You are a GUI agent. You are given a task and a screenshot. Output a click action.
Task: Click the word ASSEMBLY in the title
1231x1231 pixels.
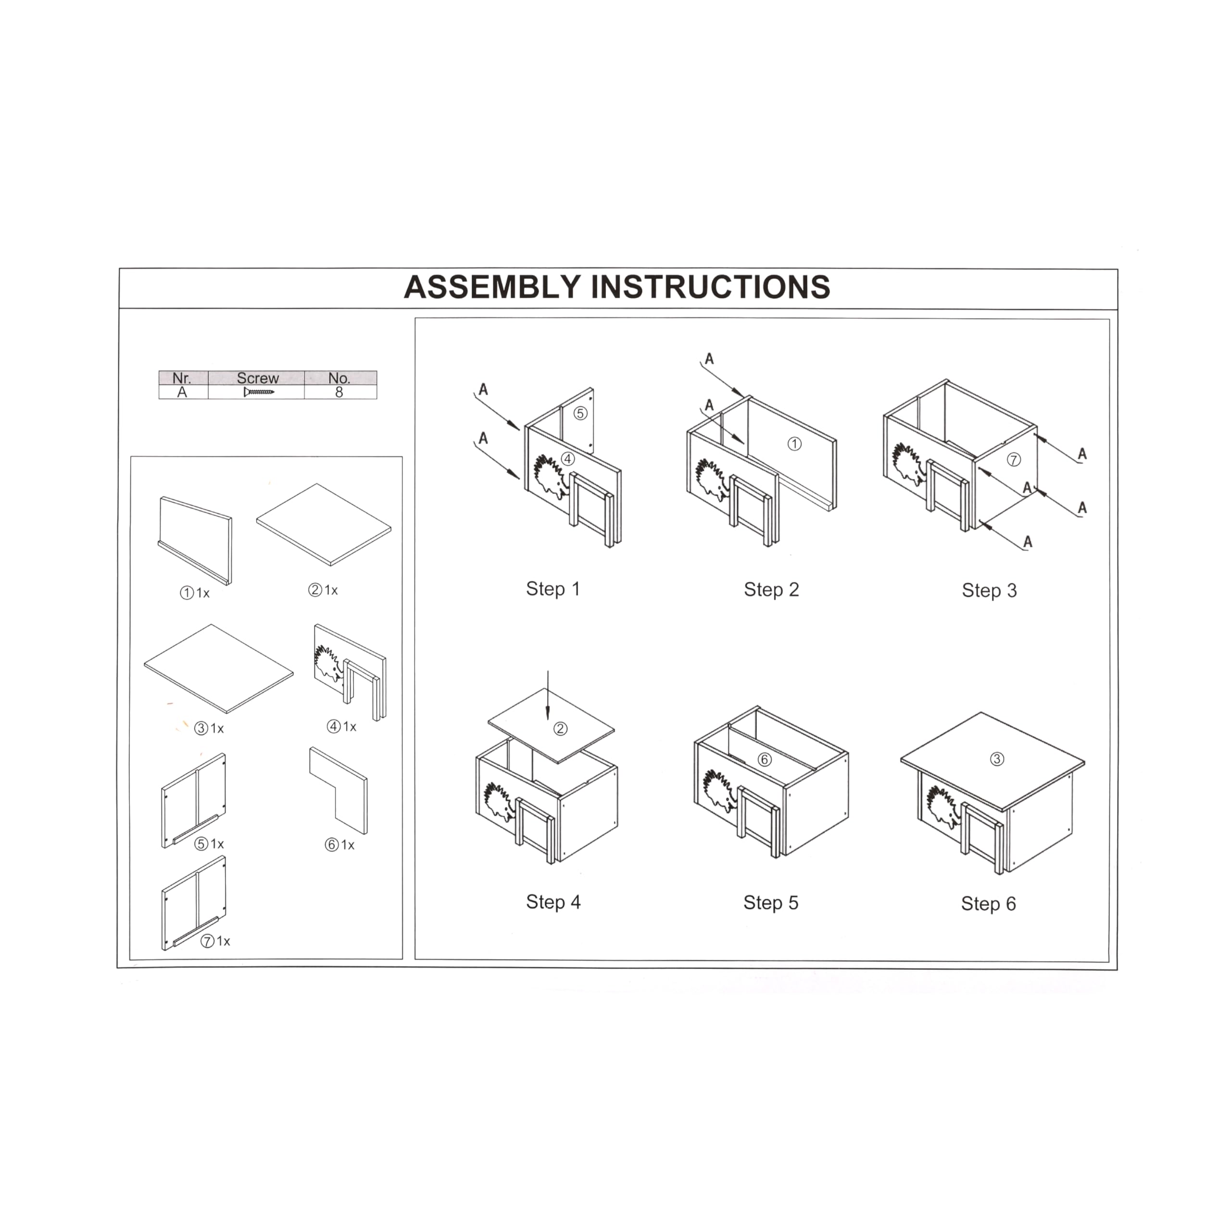492,288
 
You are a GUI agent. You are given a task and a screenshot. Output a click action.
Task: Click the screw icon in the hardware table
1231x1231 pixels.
259,392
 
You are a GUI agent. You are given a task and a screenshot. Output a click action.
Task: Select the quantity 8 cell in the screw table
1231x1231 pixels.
339,392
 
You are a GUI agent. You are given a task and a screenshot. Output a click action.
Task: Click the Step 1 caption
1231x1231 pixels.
553,589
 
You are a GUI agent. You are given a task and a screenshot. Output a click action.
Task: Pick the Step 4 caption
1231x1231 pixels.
553,902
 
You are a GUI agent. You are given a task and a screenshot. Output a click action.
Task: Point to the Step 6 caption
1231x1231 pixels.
988,904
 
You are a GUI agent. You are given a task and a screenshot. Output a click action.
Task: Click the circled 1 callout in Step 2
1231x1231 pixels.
794,444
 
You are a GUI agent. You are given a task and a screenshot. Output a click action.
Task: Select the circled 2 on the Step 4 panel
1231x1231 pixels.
561,729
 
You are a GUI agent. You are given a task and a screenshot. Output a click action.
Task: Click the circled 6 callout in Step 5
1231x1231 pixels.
765,759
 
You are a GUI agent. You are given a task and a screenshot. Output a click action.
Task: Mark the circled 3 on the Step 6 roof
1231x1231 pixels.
997,759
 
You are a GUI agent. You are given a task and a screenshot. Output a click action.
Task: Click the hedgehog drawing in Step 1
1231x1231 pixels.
549,477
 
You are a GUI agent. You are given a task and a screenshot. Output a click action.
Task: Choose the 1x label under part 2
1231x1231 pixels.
331,590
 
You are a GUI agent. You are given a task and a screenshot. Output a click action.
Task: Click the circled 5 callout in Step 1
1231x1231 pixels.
580,413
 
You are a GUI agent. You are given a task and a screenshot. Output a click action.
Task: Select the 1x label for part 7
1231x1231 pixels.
223,941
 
